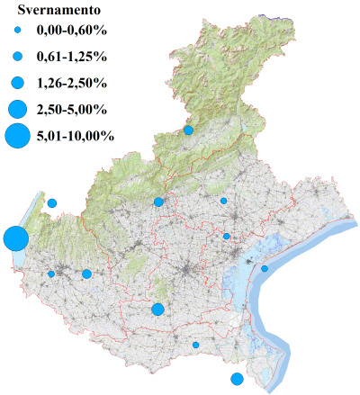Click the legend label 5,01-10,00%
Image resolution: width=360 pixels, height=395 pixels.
75,137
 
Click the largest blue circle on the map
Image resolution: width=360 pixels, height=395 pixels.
14,239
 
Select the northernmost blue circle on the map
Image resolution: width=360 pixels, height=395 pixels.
189,130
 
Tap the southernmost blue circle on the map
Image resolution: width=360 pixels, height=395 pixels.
237,379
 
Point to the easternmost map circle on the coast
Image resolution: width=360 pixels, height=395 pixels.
265,268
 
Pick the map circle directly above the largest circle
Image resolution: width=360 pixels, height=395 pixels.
52,203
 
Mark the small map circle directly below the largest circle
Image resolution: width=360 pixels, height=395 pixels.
51,274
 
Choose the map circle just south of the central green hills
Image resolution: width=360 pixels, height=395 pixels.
157,310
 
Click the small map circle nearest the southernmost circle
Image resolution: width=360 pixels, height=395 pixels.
195,345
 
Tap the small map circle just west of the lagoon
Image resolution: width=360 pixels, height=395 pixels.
227,237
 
